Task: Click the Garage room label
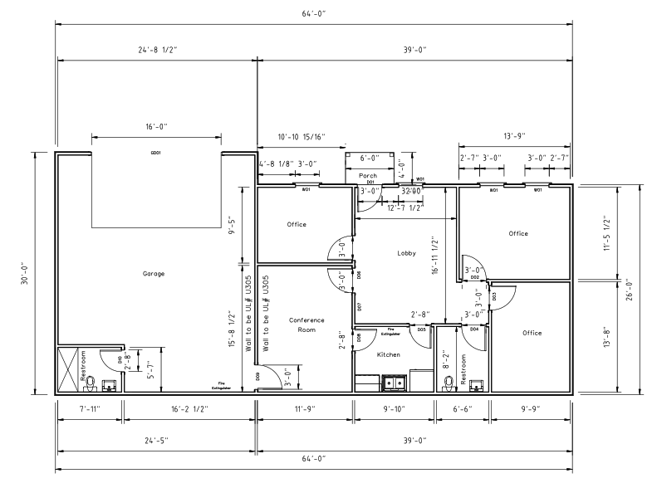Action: pos(153,273)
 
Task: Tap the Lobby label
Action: pos(406,253)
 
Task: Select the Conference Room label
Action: pos(306,325)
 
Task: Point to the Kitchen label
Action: pos(388,354)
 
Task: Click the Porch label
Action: pos(368,176)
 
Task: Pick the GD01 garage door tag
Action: pos(154,153)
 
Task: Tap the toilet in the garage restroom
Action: pos(93,383)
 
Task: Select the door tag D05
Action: pos(422,329)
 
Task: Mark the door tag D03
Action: pos(494,295)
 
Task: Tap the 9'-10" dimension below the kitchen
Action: pos(395,409)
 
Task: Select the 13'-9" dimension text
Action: pos(514,136)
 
